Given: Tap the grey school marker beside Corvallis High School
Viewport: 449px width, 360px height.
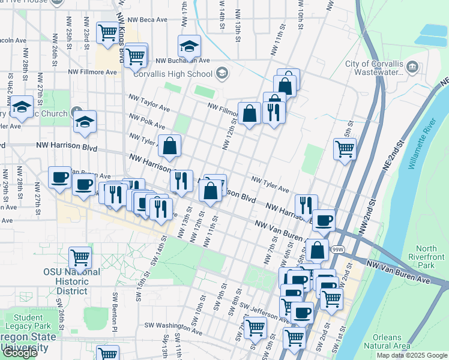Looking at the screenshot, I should (x=221, y=73).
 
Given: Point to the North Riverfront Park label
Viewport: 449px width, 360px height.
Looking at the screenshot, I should (x=426, y=257).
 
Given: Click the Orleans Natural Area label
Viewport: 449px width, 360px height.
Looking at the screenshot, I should (x=391, y=341).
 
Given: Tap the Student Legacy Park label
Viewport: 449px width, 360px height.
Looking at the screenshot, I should (x=28, y=322).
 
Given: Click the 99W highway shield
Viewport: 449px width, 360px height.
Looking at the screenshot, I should (x=338, y=249).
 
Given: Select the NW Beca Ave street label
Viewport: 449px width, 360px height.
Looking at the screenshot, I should (x=146, y=20).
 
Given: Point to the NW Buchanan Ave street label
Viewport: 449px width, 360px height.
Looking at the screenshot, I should (x=182, y=61).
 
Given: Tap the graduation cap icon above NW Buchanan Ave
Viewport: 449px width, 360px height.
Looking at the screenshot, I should (x=188, y=45).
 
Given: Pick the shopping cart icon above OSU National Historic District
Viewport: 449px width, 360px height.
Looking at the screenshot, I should (x=80, y=257).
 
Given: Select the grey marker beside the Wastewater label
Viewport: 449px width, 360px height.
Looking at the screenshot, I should (x=412, y=67).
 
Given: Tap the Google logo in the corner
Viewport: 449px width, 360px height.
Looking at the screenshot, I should (x=20, y=353).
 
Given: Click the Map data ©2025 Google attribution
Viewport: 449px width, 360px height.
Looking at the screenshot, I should (x=412, y=355).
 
